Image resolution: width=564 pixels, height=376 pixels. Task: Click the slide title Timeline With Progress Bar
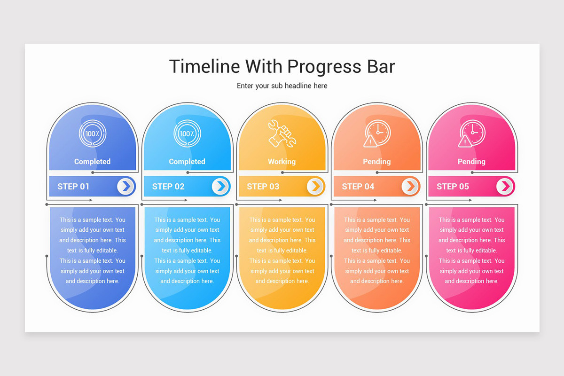(282, 66)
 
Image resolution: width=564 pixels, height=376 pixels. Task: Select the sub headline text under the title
(282, 86)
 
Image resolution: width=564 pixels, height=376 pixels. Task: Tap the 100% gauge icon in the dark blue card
(93, 134)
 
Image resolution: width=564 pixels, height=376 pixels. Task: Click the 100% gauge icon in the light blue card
(187, 134)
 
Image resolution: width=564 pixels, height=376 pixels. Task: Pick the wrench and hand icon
(282, 134)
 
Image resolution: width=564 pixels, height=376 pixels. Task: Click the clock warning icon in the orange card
(376, 134)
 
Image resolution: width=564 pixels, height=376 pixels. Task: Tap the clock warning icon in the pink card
(471, 134)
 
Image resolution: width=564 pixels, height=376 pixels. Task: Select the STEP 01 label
(73, 187)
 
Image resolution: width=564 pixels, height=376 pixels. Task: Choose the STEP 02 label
(168, 187)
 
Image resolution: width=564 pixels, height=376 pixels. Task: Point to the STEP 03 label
(263, 187)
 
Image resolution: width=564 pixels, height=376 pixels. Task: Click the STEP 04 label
(358, 187)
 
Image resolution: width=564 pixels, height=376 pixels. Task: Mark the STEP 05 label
(453, 187)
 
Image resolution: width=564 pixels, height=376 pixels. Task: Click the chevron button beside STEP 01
(126, 187)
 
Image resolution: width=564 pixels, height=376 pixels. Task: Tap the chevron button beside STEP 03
(316, 187)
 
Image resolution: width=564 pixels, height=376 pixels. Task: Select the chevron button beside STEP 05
(505, 187)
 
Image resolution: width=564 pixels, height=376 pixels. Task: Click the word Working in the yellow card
(282, 162)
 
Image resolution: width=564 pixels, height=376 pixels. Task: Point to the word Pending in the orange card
(376, 162)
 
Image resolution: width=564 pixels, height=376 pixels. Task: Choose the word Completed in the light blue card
(187, 162)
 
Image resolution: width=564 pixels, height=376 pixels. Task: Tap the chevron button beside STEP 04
(410, 187)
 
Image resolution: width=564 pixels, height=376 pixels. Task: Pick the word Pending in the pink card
(471, 162)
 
